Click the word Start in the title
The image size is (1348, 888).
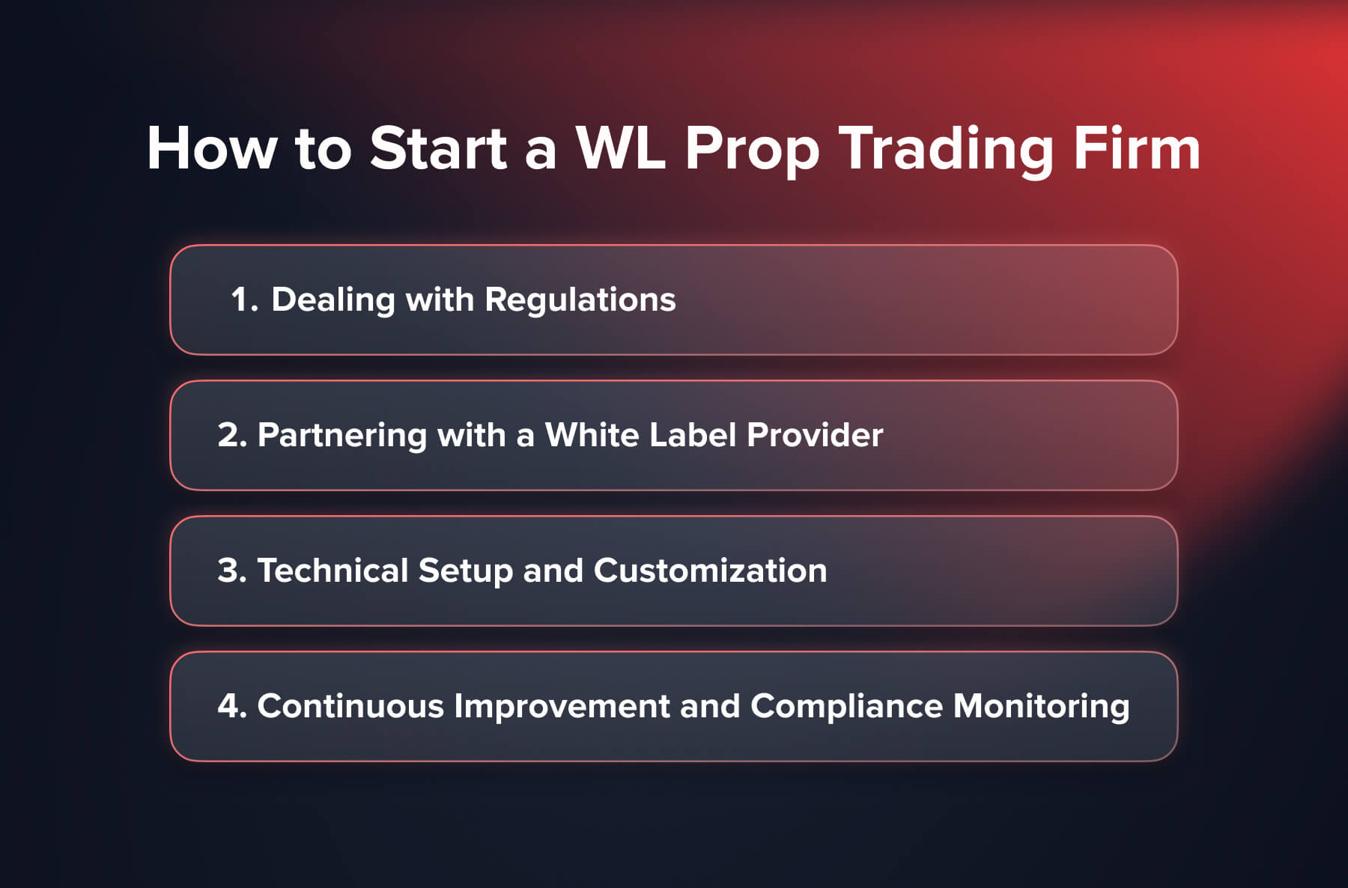coord(438,148)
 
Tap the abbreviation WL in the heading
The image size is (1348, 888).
coord(620,148)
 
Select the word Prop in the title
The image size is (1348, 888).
coord(752,150)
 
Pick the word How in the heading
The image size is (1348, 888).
coord(212,148)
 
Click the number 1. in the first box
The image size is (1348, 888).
coord(244,299)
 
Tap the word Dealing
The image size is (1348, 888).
coord(333,300)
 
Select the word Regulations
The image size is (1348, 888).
coord(580,300)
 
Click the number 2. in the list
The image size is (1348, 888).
coord(231,435)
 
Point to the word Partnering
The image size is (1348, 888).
coord(341,436)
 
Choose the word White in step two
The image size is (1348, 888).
coord(591,435)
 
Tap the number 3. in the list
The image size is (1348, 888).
coord(231,571)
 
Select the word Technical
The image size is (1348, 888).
coord(332,571)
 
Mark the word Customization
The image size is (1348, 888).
coord(710,571)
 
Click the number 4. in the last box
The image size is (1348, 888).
coord(231,706)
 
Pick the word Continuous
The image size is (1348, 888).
coord(350,706)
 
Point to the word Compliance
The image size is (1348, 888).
coord(846,707)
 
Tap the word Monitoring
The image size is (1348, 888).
coord(1041,707)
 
